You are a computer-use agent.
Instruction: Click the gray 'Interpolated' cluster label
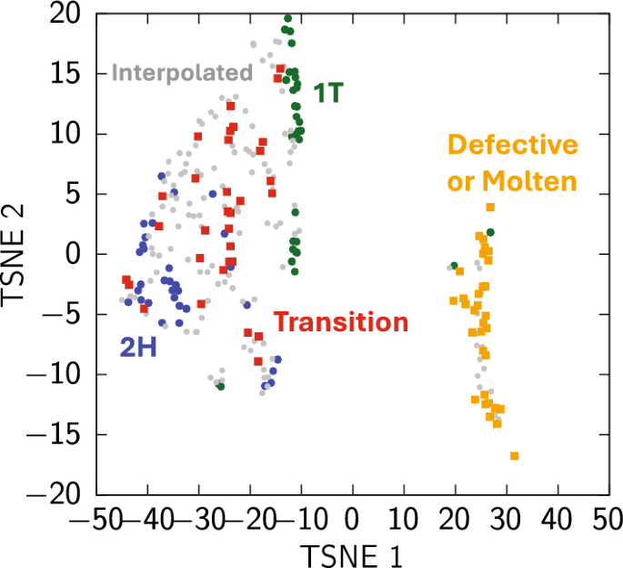181,73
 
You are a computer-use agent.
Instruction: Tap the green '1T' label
328,92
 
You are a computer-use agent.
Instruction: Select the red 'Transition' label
341,322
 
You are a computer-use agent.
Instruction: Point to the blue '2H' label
139,346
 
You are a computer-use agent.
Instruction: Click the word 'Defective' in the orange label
513,145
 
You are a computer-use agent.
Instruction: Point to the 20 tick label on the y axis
65,15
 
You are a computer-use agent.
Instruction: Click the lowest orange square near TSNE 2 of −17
515,455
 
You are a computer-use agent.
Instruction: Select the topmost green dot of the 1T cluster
288,18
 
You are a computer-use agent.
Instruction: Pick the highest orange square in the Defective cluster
490,208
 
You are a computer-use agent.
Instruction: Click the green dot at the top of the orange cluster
490,233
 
